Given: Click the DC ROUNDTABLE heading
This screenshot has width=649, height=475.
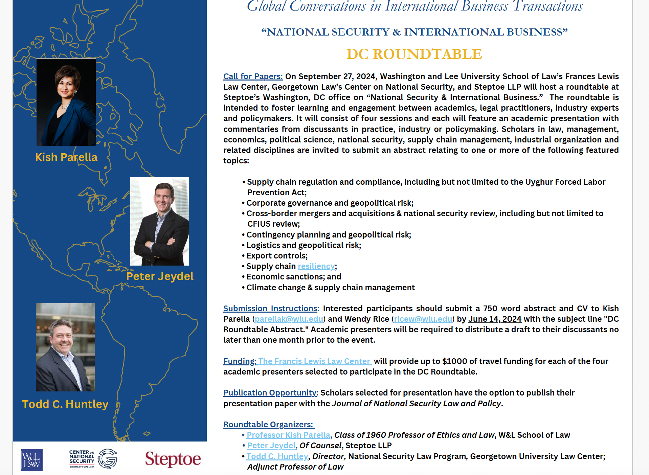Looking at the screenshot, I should [x=414, y=54].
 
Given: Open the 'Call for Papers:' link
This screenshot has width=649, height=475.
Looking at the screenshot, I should [x=253, y=76].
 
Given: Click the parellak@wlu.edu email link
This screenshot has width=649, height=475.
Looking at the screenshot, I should [x=289, y=319].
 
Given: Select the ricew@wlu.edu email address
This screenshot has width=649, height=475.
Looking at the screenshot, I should [x=423, y=319].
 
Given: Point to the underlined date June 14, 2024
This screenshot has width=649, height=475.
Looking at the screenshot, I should [x=495, y=319].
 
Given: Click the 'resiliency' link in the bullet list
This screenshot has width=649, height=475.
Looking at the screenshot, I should [x=316, y=266].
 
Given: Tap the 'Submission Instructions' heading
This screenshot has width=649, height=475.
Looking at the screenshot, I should [x=271, y=309].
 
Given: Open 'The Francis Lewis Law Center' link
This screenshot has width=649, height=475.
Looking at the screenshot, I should [x=315, y=361].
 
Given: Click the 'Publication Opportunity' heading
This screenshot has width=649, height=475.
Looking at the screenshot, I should [x=270, y=393].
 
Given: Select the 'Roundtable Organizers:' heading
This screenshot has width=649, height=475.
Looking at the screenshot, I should [x=268, y=425].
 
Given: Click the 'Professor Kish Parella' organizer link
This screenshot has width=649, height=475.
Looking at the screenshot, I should [x=288, y=435].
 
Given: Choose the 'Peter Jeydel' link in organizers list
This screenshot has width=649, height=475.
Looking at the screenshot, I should [x=271, y=446].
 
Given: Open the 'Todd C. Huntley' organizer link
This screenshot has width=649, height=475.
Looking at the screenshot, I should [x=277, y=456].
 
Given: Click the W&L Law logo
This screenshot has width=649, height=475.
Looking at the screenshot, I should [x=31, y=460].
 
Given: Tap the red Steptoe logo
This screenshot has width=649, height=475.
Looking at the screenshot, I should [x=173, y=459].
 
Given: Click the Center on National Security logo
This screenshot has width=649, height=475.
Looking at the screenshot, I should [x=93, y=459].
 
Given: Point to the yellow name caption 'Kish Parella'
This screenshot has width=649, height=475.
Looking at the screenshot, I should [x=66, y=157].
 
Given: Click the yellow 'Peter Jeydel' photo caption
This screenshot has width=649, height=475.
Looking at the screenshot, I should [x=160, y=276].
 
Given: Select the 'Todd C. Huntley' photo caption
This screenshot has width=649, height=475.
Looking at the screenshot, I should [x=65, y=404].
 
